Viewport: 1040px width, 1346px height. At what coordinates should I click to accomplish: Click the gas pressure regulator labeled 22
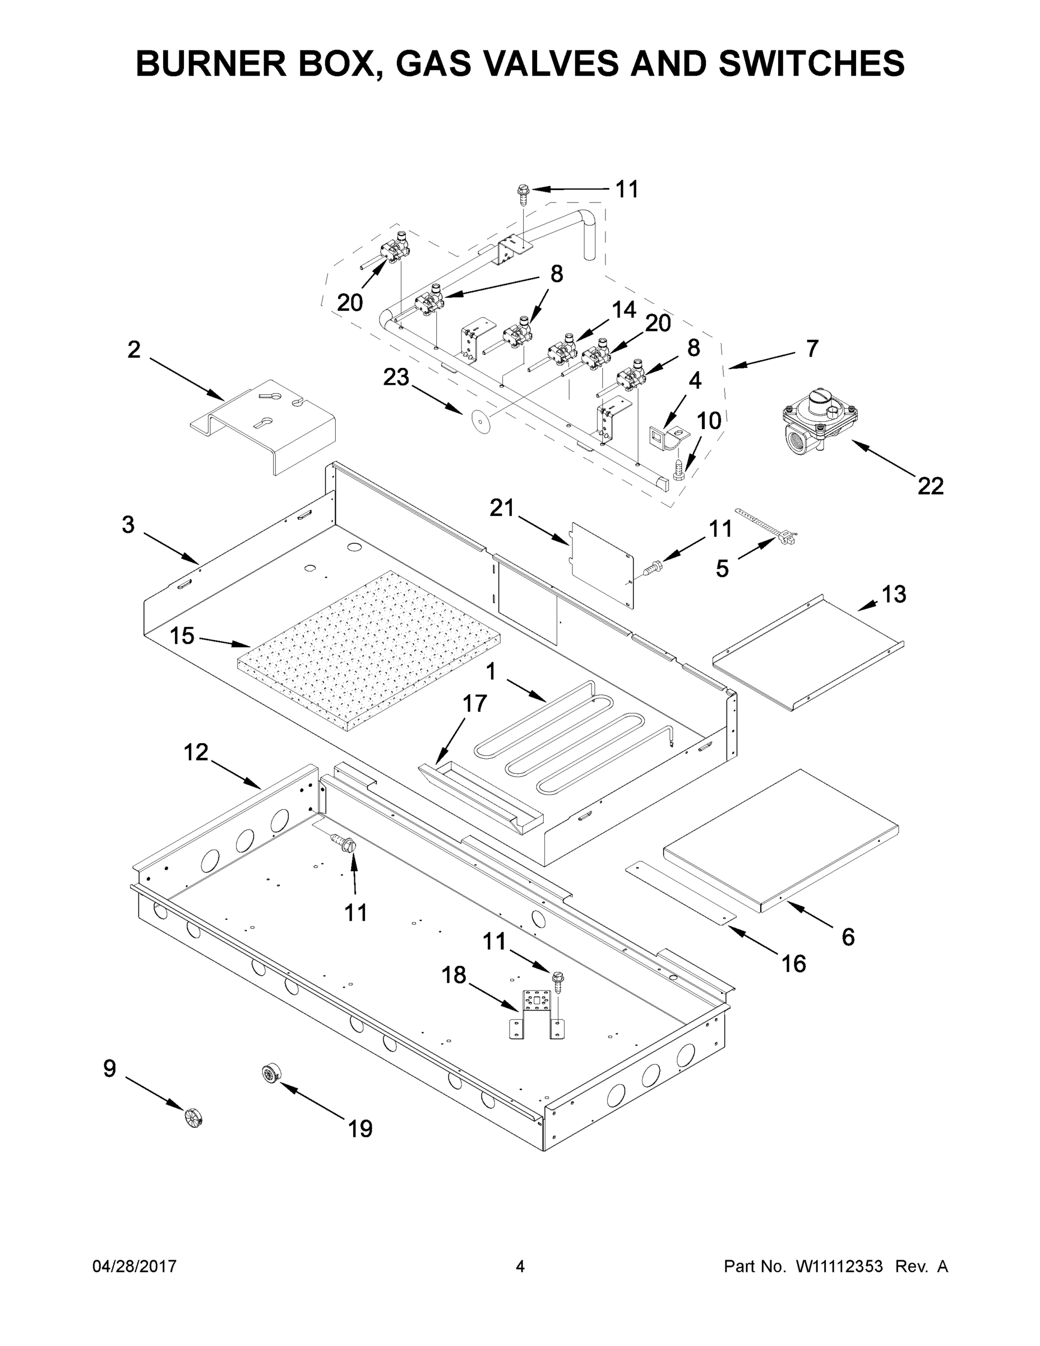816,425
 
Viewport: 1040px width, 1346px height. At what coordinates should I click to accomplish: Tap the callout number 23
396,377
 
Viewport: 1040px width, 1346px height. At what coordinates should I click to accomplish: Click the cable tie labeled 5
768,528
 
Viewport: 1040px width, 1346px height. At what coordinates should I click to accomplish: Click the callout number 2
133,349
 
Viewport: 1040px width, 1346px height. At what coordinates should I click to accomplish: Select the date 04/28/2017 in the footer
135,1266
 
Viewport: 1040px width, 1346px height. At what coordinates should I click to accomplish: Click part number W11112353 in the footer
839,1266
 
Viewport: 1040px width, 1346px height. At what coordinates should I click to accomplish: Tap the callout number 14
624,310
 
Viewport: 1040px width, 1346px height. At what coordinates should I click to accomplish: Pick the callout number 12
196,752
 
